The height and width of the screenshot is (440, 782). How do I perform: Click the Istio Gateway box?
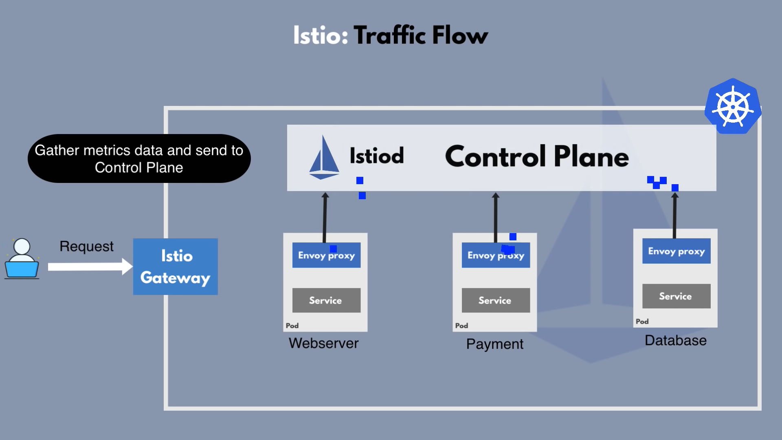(x=176, y=266)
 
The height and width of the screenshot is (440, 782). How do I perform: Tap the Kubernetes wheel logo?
(x=733, y=106)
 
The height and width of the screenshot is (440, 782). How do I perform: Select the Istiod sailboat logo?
(x=324, y=157)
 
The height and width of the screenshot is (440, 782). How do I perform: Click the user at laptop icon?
(x=22, y=259)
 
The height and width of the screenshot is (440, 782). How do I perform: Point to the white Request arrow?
(x=90, y=267)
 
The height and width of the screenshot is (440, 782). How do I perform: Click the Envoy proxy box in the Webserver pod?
(x=327, y=255)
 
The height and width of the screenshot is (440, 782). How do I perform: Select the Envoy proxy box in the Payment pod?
(x=496, y=255)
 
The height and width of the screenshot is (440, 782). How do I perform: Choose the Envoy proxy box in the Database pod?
(x=677, y=251)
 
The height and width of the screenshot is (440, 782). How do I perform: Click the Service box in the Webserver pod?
(x=327, y=300)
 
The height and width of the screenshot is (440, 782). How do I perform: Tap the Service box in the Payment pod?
(x=496, y=300)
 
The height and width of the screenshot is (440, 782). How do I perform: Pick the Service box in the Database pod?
(x=677, y=296)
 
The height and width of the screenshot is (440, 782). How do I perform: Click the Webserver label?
(x=324, y=343)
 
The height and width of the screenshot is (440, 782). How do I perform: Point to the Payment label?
(x=495, y=344)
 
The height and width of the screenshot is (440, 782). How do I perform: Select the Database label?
(x=676, y=340)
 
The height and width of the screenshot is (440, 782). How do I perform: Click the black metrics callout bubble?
(x=139, y=158)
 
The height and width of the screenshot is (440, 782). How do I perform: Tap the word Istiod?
(x=377, y=156)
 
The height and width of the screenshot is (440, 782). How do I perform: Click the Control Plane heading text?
(x=537, y=156)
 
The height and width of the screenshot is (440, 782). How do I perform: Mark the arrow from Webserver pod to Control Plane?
(x=325, y=218)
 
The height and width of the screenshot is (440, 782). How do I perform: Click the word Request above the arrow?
(x=86, y=246)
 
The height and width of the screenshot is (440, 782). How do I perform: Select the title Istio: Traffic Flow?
(x=391, y=35)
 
